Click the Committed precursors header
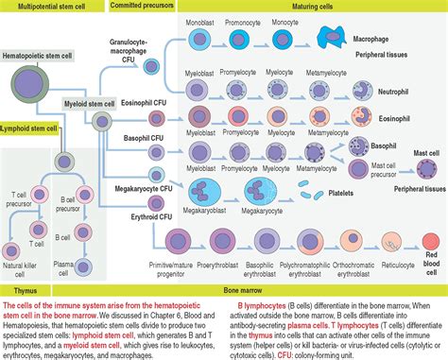pos(149,6)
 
